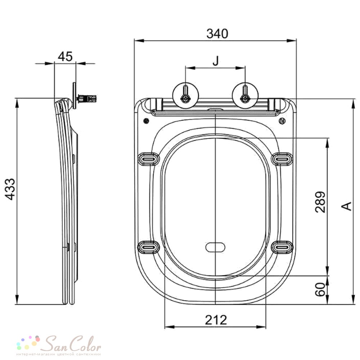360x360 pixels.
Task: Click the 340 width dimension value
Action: (x=217, y=33)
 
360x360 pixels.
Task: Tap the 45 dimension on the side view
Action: (x=65, y=57)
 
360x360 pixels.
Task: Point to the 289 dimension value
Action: (x=320, y=202)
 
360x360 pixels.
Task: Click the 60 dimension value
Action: (x=320, y=289)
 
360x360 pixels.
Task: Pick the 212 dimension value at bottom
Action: (x=216, y=320)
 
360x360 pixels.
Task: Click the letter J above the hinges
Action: (x=215, y=60)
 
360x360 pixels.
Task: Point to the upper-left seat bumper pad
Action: (x=149, y=159)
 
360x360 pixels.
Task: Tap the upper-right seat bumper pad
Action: (x=282, y=159)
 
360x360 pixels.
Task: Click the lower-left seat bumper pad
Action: (x=149, y=247)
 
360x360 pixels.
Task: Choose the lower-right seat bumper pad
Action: (x=282, y=247)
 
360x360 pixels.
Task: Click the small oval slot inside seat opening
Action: (x=215, y=247)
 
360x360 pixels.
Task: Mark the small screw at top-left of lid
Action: (x=146, y=121)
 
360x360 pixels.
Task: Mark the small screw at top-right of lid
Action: (x=282, y=121)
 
